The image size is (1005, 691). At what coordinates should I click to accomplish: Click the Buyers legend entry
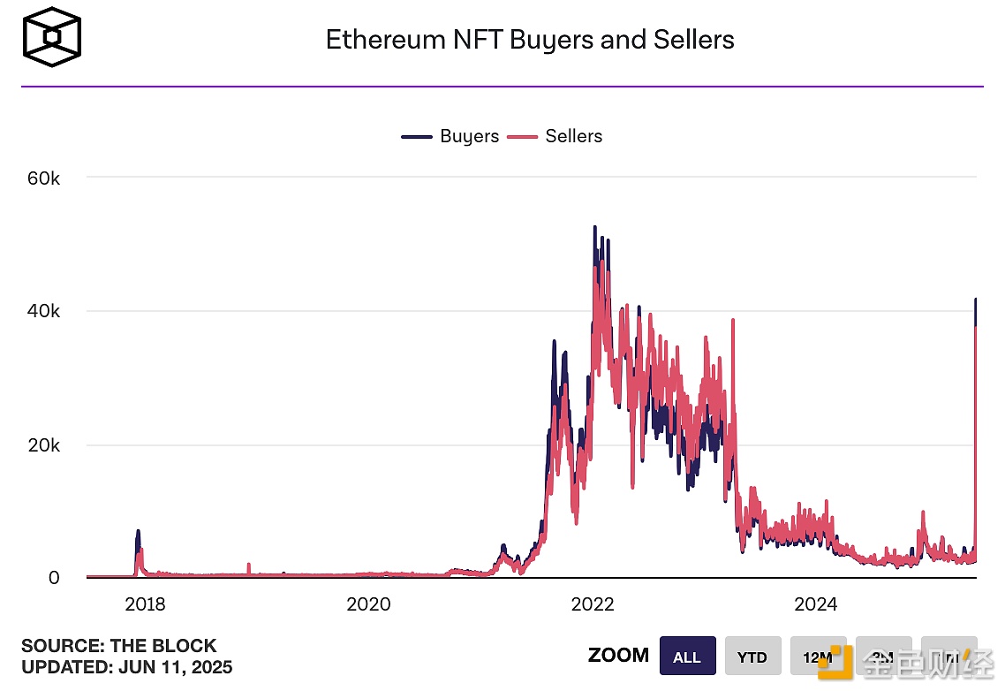[450, 136]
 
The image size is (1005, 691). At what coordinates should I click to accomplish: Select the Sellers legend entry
[555, 136]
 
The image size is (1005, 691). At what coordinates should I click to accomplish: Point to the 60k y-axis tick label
[42, 178]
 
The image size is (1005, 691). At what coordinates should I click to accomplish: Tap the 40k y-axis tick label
[42, 311]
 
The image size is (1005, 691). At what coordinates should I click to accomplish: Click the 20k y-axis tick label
[42, 444]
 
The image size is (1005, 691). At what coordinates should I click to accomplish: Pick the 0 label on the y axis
[54, 578]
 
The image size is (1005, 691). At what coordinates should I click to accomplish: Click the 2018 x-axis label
[146, 605]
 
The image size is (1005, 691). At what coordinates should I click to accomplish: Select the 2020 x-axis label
[368, 605]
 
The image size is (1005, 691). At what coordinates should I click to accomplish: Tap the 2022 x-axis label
[593, 605]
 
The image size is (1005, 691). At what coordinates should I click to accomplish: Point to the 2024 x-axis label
[816, 605]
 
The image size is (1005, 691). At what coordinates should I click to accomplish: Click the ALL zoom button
[687, 657]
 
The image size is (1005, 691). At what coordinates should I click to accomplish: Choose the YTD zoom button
[753, 657]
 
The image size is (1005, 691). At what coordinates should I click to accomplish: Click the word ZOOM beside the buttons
[618, 656]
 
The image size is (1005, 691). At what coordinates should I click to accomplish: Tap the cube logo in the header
[52, 39]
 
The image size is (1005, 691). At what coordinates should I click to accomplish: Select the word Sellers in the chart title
[693, 40]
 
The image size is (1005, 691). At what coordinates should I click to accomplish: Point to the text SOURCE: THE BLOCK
[118, 646]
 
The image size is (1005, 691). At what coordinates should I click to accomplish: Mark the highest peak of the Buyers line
[594, 227]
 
